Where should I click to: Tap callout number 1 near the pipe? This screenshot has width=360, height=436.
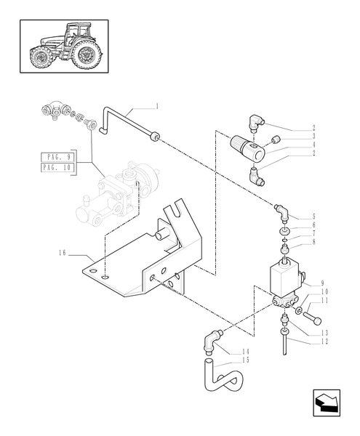(156, 106)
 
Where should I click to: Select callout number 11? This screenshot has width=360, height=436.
(314, 300)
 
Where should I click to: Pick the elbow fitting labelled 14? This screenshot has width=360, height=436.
(211, 339)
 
